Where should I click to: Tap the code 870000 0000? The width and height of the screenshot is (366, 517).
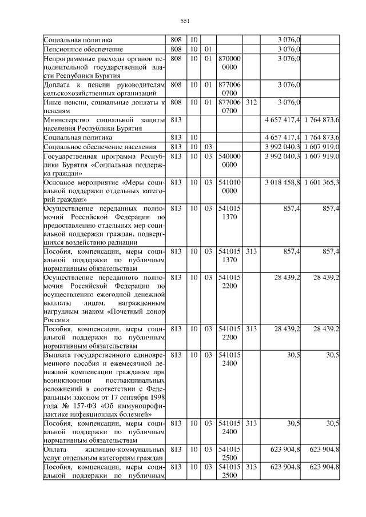pos(229,62)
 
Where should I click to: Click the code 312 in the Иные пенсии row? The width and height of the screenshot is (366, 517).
pos(250,102)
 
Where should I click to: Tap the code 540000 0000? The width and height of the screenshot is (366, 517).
pos(229,160)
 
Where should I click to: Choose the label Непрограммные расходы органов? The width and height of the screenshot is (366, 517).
pos(103,58)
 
